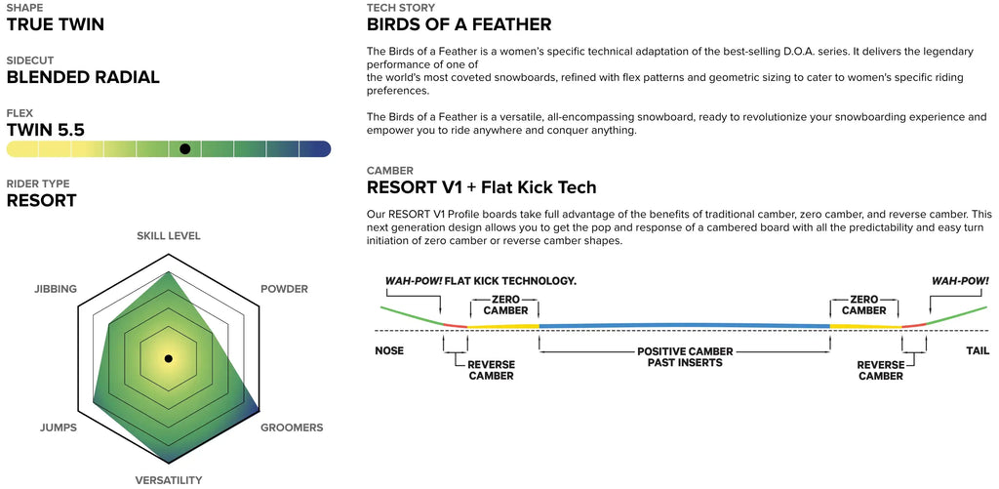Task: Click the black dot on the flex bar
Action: click(184, 148)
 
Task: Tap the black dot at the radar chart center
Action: click(168, 358)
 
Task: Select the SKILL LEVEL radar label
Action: click(168, 236)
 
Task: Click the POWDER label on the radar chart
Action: click(284, 289)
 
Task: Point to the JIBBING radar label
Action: click(56, 289)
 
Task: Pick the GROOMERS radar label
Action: click(292, 428)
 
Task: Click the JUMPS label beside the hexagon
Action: click(58, 428)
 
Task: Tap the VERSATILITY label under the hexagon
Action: click(168, 480)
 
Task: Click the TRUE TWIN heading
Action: click(56, 24)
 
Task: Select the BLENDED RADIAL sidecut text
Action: click(83, 78)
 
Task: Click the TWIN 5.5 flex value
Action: click(45, 130)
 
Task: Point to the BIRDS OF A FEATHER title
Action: click(459, 24)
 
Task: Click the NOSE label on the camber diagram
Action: click(389, 350)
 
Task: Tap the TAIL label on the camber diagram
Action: click(978, 350)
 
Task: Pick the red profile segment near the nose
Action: click(455, 326)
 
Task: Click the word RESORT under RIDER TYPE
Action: click(41, 201)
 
